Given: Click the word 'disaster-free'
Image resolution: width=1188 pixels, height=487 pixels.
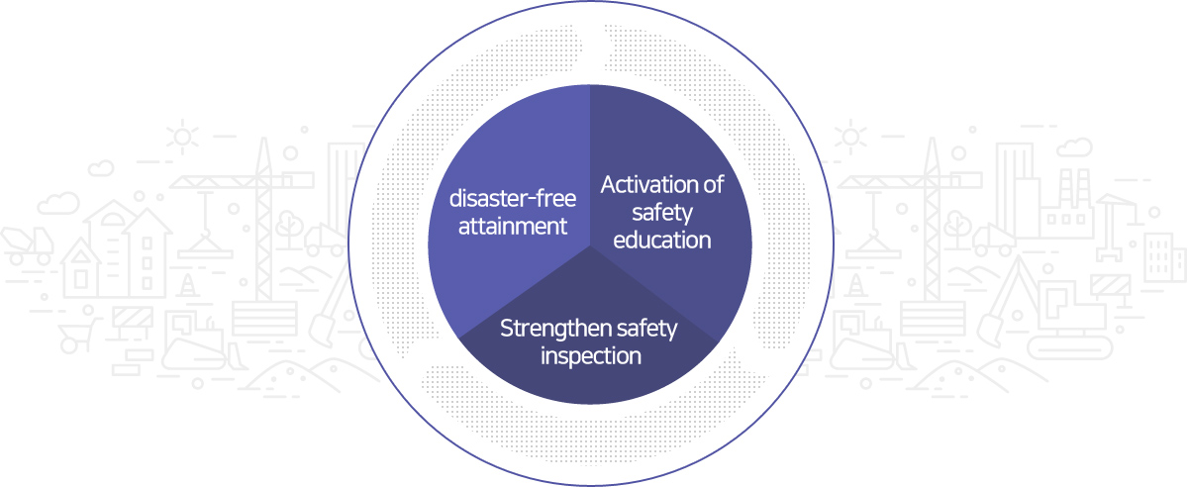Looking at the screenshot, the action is point(513,198).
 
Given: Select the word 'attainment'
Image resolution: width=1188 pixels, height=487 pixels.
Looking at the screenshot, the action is point(513,227).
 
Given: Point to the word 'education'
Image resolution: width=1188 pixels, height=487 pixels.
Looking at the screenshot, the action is point(662,240).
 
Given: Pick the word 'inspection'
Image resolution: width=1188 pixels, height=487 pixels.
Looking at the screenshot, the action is point(591,356).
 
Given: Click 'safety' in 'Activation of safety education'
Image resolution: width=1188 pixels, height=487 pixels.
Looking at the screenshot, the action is point(662,213).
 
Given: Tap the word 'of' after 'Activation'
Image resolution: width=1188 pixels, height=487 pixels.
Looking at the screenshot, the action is point(713,185).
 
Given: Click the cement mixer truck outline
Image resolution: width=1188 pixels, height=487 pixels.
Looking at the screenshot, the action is point(27,245).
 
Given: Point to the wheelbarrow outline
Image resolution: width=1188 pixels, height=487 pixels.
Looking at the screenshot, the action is point(78,332).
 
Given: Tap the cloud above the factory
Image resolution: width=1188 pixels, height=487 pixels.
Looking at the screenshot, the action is point(1074,146).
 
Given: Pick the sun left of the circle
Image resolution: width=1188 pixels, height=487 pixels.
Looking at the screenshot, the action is point(182,137).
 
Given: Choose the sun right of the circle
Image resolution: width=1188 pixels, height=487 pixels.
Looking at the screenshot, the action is point(850,137).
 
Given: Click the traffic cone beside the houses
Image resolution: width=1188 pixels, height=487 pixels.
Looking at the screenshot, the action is point(187,286).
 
